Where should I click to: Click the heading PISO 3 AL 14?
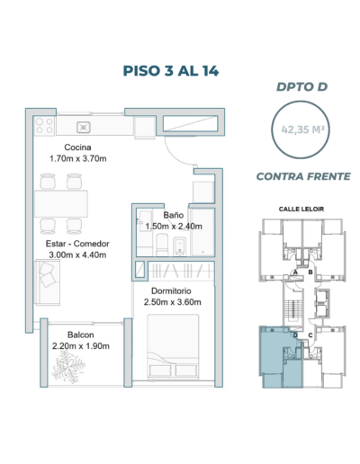pos(171,71)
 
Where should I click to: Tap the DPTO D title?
pos(301,87)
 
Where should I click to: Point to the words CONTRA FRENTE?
pos(303,176)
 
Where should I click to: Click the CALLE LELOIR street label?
pos(301,209)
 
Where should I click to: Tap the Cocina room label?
pos(77,147)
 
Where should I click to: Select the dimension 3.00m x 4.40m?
pos(77,255)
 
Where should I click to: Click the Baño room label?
pos(174,215)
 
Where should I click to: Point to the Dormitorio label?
pos(171,290)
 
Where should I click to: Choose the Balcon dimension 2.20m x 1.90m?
pos(81,346)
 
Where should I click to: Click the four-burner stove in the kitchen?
pos(44,126)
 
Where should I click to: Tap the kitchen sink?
pos(84,128)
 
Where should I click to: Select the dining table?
pos(61,203)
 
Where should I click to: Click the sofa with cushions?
pos(48,282)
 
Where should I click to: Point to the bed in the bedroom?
pos(173,346)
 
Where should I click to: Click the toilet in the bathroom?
pos(162,245)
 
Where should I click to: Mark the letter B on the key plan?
pos(310,272)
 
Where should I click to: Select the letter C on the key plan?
pos(310,335)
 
